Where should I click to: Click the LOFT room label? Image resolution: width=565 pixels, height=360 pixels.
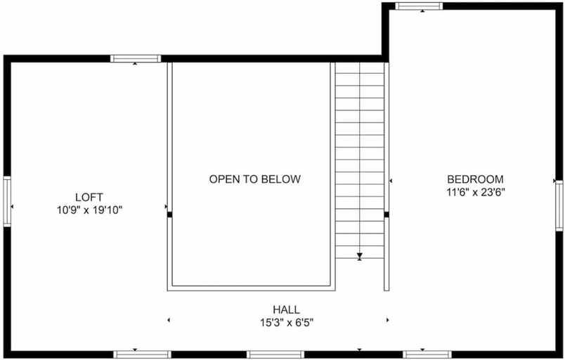89,198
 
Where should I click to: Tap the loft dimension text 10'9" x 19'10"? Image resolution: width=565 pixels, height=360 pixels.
90,210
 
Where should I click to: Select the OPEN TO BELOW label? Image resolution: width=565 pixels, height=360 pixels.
255,179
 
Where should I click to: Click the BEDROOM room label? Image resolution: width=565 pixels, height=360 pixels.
475,179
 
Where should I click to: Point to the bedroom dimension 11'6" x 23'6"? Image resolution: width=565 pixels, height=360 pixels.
476,193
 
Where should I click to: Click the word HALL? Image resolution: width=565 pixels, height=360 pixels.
286,309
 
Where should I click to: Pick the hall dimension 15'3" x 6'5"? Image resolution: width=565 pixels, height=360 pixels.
287,323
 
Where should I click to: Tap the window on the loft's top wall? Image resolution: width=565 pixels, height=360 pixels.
136,59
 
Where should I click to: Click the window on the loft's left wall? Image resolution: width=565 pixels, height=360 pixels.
7,201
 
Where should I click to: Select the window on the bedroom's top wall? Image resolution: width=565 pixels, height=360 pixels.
419,6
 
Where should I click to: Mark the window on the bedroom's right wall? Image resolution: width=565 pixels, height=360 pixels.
559,205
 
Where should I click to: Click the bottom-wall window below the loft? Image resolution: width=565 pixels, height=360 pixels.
143,354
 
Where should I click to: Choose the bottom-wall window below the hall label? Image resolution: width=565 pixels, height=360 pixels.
275,354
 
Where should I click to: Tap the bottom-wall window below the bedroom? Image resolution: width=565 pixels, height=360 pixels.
427,354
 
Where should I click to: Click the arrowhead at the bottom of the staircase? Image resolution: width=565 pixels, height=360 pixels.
359,256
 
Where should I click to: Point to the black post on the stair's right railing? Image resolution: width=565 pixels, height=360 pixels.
387,214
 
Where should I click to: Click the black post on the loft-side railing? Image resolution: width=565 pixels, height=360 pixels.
169,214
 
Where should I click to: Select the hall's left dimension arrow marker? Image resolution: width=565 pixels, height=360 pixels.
169,320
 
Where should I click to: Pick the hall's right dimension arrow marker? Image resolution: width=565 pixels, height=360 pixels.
388,320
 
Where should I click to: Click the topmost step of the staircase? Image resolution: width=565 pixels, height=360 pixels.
360,68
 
